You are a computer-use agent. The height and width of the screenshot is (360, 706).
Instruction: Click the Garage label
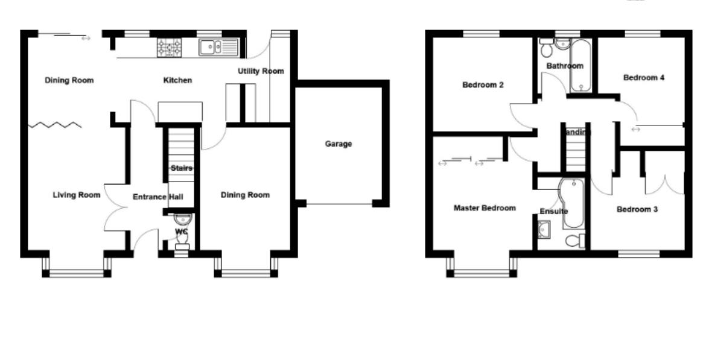338,144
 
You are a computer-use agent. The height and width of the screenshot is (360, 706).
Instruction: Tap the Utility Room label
261,71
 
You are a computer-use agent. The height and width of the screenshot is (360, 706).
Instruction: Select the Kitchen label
178,80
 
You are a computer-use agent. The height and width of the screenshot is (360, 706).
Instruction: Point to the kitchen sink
218,46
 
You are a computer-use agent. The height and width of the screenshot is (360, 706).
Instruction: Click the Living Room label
76,195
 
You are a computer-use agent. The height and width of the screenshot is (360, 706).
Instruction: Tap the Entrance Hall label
158,196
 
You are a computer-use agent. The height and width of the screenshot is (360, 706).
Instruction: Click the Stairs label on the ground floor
181,168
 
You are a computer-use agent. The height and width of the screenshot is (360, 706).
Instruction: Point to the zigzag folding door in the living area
56,125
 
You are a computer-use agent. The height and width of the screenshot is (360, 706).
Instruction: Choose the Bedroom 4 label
644,78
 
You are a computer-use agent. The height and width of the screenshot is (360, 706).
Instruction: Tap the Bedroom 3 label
637,210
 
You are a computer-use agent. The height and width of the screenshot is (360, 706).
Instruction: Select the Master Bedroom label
485,208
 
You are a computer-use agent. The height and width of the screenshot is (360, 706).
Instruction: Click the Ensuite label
553,212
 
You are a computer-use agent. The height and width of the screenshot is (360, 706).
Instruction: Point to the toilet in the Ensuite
575,241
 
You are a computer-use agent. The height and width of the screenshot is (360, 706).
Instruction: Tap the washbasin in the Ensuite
543,228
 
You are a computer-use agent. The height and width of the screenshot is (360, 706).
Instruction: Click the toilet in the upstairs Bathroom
546,46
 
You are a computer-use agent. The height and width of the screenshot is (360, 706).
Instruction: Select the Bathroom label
565,66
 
